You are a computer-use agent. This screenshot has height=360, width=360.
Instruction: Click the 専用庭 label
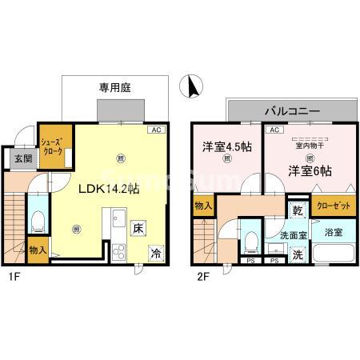point(115,86)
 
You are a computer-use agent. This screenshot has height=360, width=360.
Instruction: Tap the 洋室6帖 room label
point(310,170)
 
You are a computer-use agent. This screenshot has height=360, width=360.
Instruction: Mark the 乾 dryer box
point(297,212)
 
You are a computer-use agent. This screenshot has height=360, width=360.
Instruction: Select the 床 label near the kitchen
point(139,228)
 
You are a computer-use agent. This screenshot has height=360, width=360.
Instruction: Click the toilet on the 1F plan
point(37,221)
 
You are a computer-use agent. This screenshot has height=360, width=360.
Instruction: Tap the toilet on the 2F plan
point(250,239)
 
